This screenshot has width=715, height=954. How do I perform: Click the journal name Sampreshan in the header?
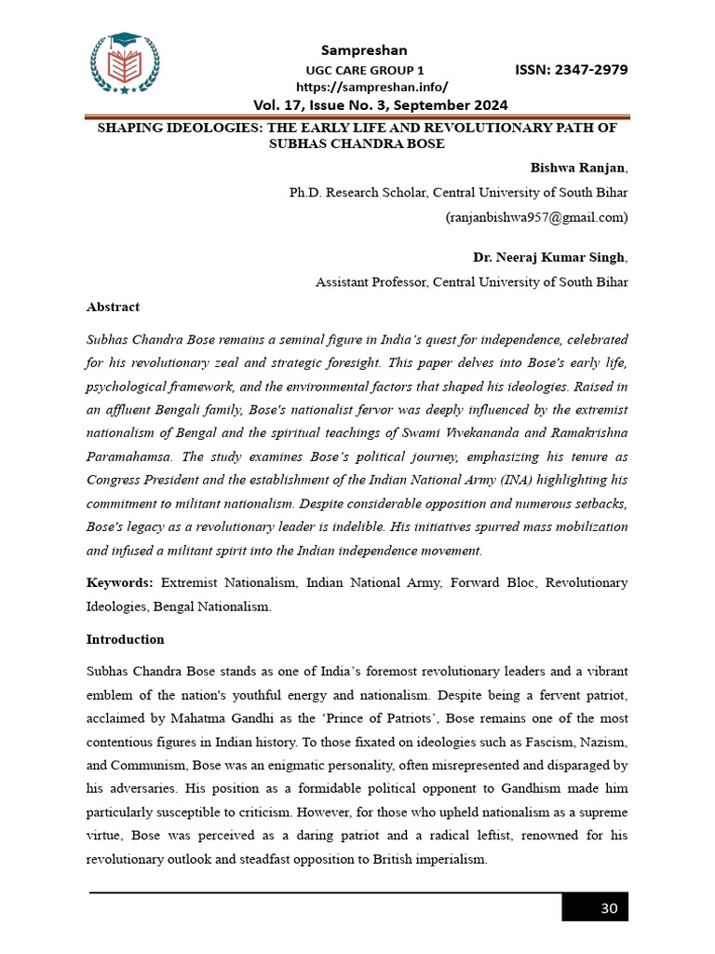[x=364, y=49]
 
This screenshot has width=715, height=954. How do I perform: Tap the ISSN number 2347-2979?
[x=571, y=70]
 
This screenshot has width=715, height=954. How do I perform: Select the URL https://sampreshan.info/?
[x=364, y=86]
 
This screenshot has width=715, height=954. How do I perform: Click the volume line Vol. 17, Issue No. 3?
[x=380, y=104]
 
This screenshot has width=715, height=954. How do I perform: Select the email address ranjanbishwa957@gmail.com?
[x=537, y=217]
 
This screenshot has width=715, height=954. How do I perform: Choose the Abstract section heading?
[x=113, y=307]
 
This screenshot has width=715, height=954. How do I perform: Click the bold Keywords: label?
[x=119, y=582]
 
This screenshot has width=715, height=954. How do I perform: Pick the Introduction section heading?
[x=125, y=639]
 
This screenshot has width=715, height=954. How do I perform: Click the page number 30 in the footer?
[x=609, y=908]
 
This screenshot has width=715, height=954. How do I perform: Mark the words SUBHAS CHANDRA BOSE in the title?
[x=357, y=143]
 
